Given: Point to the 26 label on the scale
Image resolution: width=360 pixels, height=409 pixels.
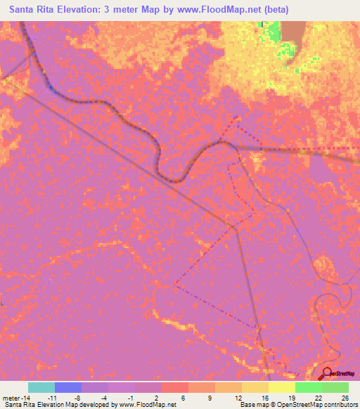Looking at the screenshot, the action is (x=345, y=398).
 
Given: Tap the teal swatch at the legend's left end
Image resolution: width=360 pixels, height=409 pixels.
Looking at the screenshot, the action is (x=41, y=387).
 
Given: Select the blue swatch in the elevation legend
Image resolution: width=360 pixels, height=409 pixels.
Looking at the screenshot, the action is (x=68, y=387).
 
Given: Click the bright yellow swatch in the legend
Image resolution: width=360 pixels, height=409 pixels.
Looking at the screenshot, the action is (x=282, y=387).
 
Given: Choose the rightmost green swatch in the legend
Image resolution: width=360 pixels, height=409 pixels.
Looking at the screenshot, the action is (x=335, y=387).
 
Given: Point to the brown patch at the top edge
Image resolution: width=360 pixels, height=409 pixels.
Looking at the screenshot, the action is (x=293, y=32).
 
